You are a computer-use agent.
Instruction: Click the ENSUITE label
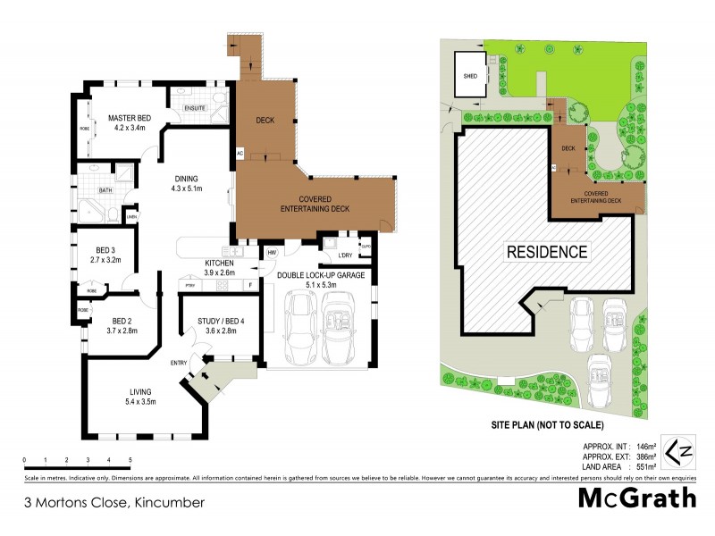194,108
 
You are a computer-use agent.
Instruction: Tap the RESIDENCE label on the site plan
548,252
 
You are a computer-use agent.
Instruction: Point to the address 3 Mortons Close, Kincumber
114,502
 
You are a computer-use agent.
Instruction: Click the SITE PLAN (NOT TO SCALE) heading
546,424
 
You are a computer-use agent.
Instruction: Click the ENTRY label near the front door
180,362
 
